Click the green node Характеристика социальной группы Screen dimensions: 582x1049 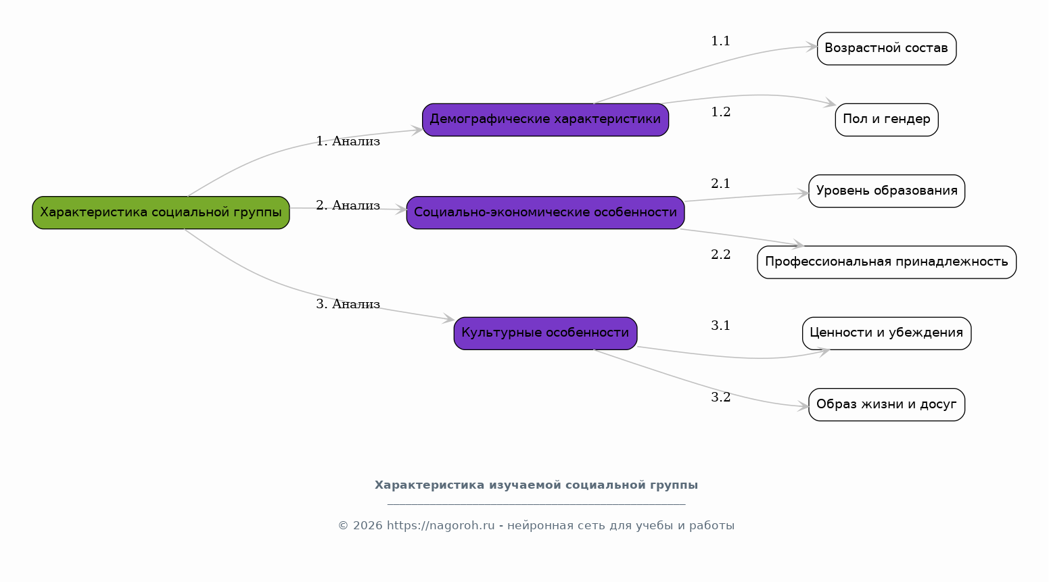161,213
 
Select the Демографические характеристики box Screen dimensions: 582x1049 545,120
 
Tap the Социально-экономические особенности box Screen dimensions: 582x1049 545,213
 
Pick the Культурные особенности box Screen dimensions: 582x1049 545,333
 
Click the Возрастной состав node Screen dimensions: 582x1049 886,49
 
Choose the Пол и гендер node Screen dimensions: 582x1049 886,120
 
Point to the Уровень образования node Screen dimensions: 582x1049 886,191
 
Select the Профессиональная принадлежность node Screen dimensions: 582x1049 886,262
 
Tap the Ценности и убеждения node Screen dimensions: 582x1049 886,333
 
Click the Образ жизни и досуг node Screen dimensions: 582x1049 886,405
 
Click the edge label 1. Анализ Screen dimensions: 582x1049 348,141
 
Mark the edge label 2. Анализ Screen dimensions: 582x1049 348,205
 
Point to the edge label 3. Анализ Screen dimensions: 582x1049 348,304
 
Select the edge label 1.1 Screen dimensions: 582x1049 720,41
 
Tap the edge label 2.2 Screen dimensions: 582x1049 720,255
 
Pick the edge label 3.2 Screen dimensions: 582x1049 720,397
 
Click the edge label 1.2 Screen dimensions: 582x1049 720,112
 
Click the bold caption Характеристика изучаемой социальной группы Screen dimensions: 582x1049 536,485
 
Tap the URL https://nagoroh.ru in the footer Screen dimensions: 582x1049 440,526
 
